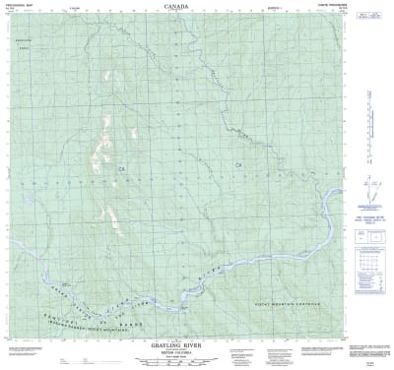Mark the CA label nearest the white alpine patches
124,169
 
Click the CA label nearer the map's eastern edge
237,163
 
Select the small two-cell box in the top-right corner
371,15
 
